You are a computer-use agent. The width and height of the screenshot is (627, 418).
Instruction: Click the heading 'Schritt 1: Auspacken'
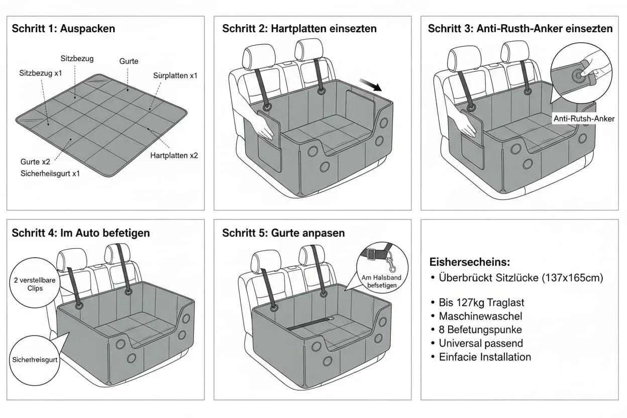63,29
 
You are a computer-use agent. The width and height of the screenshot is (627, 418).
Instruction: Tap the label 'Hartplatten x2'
174,156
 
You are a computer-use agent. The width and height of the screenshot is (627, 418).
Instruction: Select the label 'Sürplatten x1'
175,75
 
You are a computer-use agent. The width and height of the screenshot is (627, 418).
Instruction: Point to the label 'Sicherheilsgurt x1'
50,173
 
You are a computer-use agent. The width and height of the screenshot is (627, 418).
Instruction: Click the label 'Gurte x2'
35,162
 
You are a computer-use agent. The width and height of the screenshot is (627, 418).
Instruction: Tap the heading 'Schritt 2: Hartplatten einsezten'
299,29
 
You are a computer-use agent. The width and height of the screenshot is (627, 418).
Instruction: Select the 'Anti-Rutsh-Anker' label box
584,119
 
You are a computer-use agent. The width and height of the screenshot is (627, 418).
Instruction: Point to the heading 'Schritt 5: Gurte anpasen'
283,233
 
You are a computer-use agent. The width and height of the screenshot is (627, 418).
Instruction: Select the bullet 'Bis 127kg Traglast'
481,302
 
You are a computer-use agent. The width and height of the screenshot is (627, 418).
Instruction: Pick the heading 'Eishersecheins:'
470,262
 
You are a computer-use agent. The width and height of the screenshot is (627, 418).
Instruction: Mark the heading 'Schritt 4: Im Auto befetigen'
81,233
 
